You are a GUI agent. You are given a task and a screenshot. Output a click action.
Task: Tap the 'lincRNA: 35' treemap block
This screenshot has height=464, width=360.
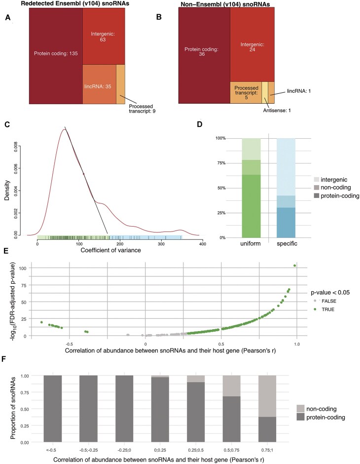click(99, 84)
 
